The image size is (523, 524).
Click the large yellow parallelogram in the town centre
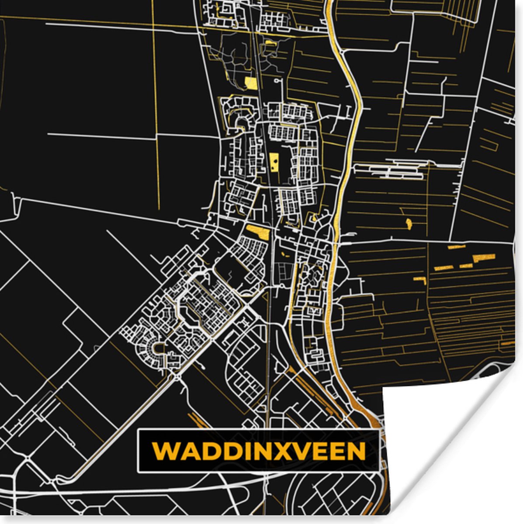258,232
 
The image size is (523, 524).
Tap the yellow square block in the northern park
251,83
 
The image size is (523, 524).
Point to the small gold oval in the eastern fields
409,224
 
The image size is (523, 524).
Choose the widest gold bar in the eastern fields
484,258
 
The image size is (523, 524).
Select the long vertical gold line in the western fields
156,109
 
